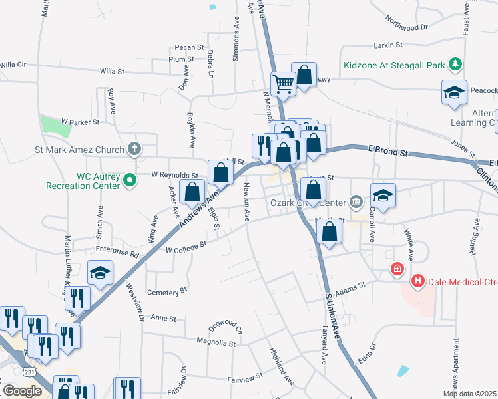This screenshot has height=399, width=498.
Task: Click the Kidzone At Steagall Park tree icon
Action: pos(455,65)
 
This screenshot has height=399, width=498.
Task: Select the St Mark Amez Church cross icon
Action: pos(135,148)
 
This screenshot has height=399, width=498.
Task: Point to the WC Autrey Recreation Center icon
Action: pos(132,178)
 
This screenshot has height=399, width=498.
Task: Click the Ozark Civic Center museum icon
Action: pos(356,201)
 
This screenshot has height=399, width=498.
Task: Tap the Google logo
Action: pos(22,390)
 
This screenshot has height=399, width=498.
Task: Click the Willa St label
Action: pos(112,70)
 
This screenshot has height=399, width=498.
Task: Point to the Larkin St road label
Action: pos(389,45)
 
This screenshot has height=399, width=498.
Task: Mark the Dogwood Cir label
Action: pos(227,325)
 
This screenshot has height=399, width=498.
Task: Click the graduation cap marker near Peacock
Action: pos(454,92)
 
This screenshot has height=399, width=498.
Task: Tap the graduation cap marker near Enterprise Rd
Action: pos(101,273)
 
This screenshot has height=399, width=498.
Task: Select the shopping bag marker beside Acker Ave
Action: pos(192,192)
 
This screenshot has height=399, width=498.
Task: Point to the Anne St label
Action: pos(164,319)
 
